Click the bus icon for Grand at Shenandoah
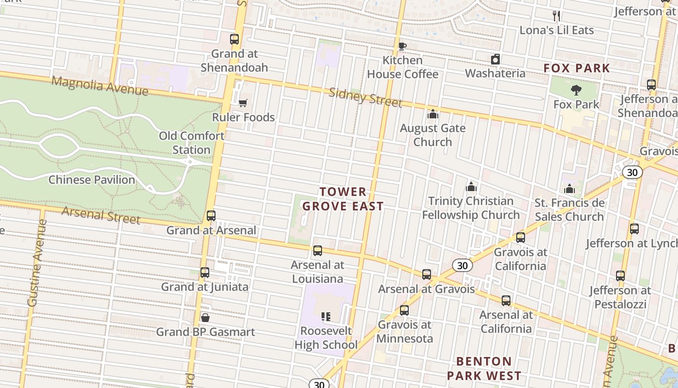[x=234, y=39]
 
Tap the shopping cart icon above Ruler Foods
[x=243, y=103]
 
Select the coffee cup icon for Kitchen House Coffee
[x=402, y=47]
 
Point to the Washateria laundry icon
[x=495, y=60]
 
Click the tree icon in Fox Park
[x=576, y=90]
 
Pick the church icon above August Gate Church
[x=432, y=114]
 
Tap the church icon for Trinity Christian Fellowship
[x=471, y=187]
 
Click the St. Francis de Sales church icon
[x=569, y=189]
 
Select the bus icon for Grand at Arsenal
[x=211, y=216]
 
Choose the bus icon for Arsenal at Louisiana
[x=318, y=251]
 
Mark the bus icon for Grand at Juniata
[x=205, y=273]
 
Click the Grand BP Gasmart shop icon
[x=205, y=318]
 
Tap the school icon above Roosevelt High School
[x=326, y=317]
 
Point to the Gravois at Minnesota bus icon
[x=404, y=310]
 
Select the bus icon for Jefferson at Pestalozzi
[x=620, y=276]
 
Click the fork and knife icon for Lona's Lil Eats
[x=556, y=16]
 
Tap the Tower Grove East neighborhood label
[x=343, y=199]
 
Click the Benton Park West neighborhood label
[x=484, y=368]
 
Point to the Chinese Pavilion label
[x=92, y=179]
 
